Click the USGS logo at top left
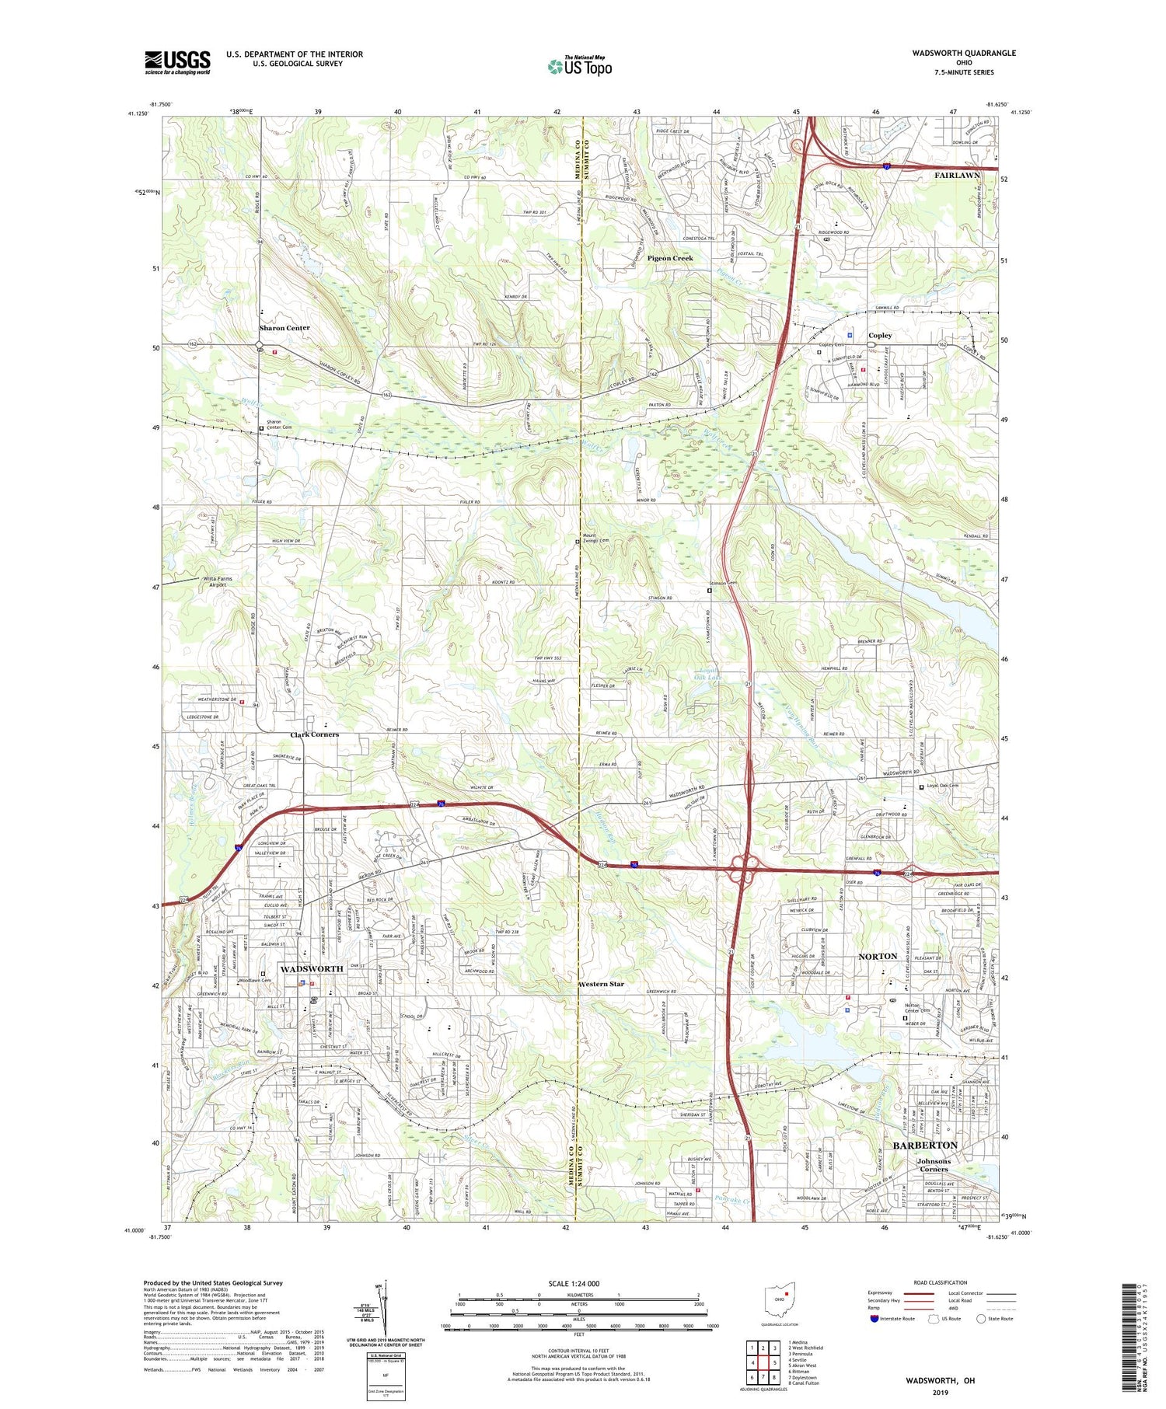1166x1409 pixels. point(177,62)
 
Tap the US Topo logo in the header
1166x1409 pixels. point(579,67)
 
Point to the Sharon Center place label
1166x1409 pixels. point(285,328)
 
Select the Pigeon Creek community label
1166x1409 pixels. point(670,258)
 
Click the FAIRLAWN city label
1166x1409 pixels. point(957,176)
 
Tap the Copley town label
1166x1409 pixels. point(880,336)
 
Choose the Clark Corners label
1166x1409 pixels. point(314,734)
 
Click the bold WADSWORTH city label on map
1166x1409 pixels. point(311,969)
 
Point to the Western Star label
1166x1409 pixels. point(601,984)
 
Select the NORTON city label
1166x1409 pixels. point(878,956)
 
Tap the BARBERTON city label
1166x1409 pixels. point(925,1146)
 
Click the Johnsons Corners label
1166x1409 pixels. point(933,1165)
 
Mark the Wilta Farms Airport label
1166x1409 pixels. point(218,581)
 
